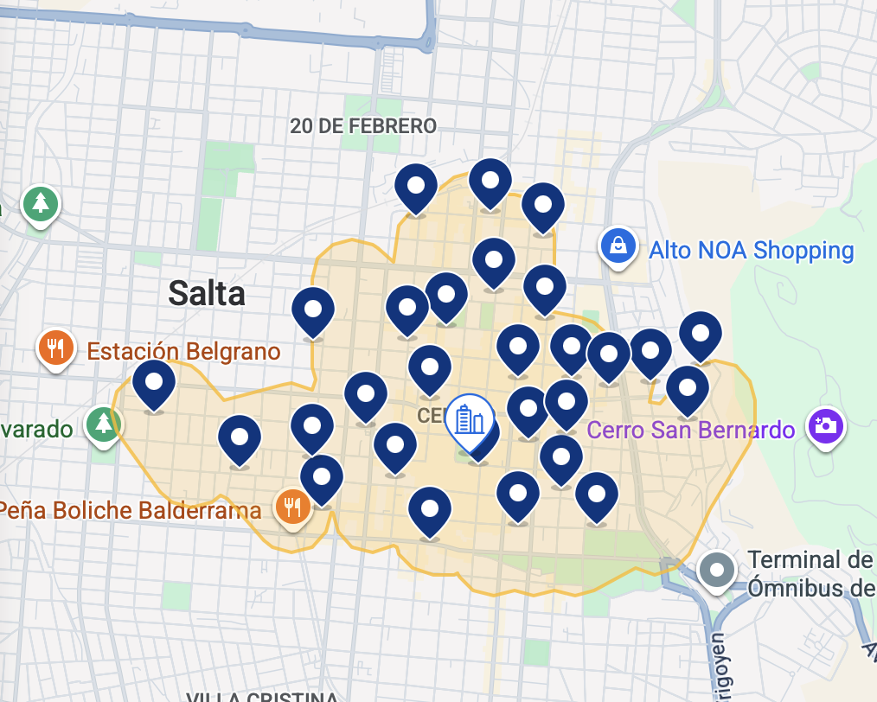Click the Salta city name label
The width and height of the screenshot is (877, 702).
tap(207, 293)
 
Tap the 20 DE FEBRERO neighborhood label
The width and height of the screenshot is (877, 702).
tap(362, 126)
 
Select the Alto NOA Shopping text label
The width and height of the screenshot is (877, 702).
tap(751, 251)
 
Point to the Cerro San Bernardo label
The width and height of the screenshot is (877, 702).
tap(690, 429)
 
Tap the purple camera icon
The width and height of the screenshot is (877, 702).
tap(826, 425)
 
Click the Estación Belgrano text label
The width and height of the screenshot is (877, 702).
tap(183, 352)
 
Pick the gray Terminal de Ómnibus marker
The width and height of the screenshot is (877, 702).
tap(718, 570)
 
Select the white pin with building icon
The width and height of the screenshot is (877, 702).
tap(469, 421)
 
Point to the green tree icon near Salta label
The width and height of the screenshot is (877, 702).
tap(40, 204)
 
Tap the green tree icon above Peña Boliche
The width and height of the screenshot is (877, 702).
tap(104, 424)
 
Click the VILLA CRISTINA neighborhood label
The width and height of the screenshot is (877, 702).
tap(262, 696)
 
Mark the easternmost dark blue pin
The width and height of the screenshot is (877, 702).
tap(701, 334)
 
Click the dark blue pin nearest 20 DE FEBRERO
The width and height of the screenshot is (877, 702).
tap(416, 187)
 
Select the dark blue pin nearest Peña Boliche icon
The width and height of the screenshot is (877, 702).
tap(322, 477)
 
